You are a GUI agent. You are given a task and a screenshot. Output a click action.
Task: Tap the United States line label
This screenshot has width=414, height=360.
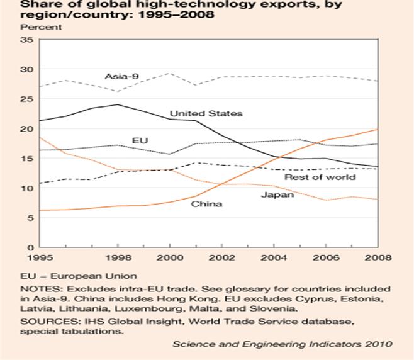pyautogui.click(x=206, y=113)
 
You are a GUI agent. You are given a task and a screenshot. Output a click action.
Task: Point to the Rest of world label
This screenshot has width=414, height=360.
pyautogui.click(x=320, y=177)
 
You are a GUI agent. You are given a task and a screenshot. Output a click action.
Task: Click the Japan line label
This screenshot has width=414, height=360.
pyautogui.click(x=277, y=195)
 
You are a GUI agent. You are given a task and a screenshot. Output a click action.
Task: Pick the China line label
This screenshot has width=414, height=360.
pyautogui.click(x=206, y=204)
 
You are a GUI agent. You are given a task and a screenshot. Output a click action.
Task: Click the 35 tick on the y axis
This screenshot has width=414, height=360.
pyautogui.click(x=27, y=39)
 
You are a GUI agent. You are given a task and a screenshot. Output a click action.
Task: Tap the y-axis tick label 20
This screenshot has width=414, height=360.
pyautogui.click(x=27, y=128)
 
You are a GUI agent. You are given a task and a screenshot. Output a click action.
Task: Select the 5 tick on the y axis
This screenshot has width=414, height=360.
pyautogui.click(x=30, y=218)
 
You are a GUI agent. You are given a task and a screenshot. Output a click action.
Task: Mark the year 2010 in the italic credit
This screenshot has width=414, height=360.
pyautogui.click(x=381, y=344)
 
